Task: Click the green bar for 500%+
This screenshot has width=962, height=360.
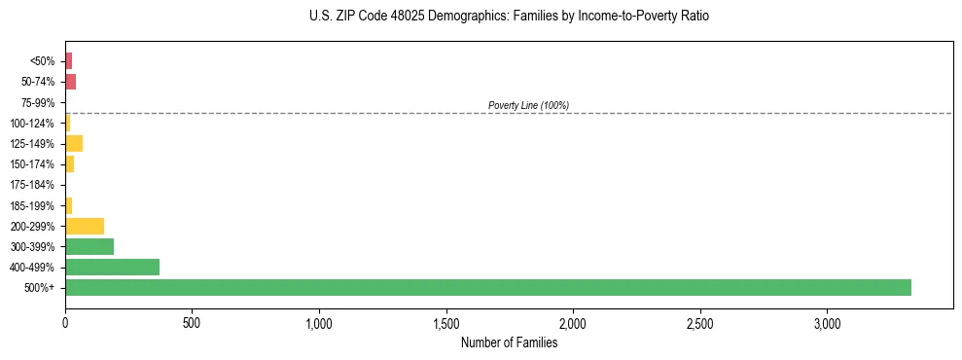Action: coord(487,287)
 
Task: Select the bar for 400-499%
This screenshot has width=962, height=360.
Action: coord(112,267)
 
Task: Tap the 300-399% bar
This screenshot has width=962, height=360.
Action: coord(89,246)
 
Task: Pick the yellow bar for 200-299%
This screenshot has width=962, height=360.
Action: coord(85,226)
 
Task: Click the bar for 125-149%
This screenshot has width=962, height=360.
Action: coord(74,143)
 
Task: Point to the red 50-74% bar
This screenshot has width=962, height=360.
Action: coord(70,82)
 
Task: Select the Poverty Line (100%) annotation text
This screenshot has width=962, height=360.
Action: coord(528,105)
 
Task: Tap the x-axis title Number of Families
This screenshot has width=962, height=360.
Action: coord(509,342)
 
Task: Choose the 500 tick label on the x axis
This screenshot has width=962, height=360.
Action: coord(192,322)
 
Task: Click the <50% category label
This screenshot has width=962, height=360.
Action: coord(43,61)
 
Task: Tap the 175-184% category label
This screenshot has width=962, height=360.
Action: coord(34,185)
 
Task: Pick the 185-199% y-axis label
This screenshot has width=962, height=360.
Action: coord(34,205)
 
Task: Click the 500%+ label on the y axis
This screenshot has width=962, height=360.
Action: coord(41,288)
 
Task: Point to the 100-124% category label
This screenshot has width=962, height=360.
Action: coord(34,123)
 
